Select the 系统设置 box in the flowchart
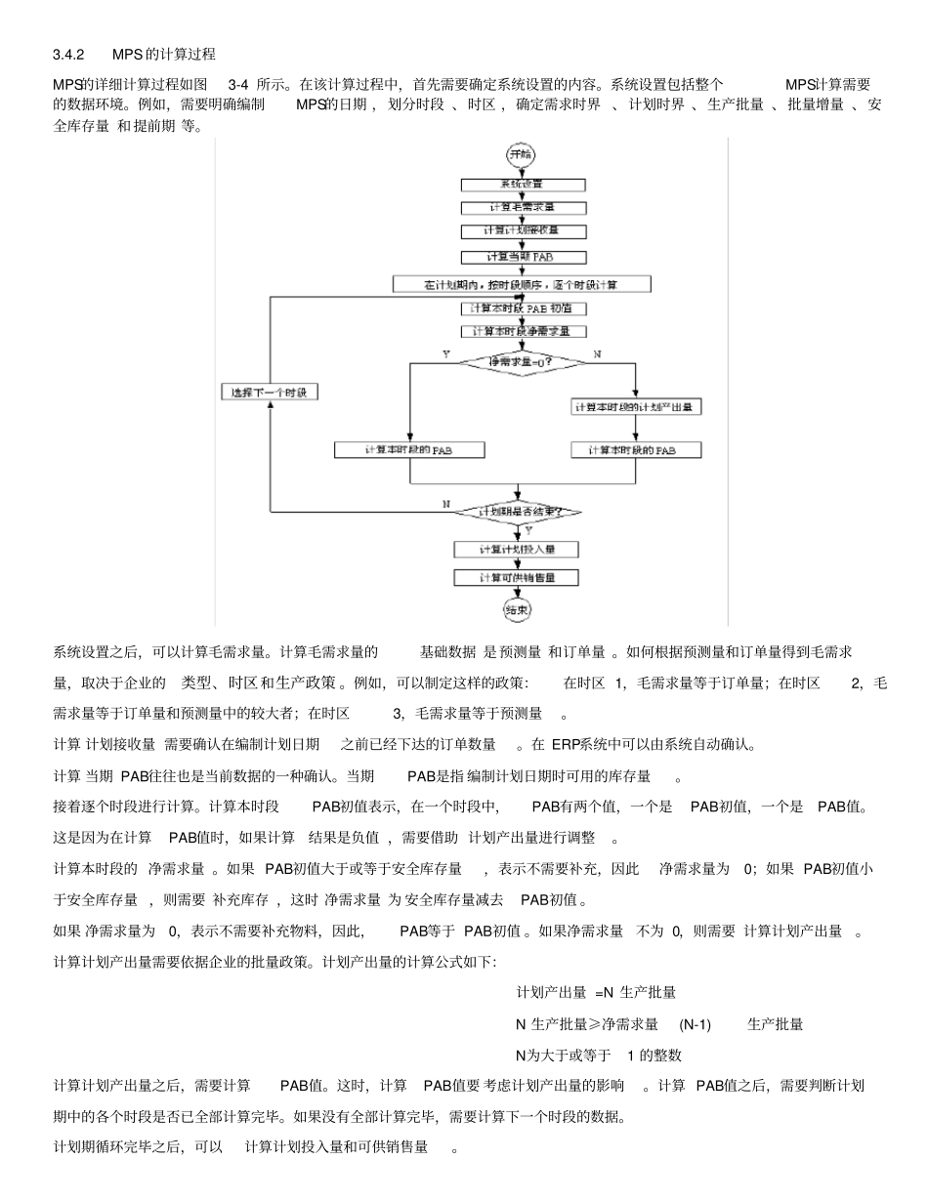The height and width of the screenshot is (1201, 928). pos(523,185)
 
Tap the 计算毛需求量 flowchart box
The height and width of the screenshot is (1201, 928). pos(523,208)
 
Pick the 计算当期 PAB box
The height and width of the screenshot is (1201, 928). pos(523,257)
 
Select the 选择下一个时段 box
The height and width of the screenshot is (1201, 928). pos(268,393)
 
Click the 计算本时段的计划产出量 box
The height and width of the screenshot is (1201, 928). pos(636,407)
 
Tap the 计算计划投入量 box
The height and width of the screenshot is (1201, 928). pos(517,551)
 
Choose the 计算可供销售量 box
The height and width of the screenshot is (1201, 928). pos(517,578)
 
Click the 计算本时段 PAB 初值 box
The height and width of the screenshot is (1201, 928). pos(523,309)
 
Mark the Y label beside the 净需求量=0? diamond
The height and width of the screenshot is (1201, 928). pos(445,354)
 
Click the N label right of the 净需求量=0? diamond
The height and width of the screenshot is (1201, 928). pos(597,354)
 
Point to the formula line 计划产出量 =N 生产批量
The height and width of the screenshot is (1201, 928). pos(596,993)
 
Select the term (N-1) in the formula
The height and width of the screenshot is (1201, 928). pos(696,1024)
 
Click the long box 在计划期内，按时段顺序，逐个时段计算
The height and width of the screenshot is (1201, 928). pos(523,284)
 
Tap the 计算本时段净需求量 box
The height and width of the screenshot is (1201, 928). pos(523,332)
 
